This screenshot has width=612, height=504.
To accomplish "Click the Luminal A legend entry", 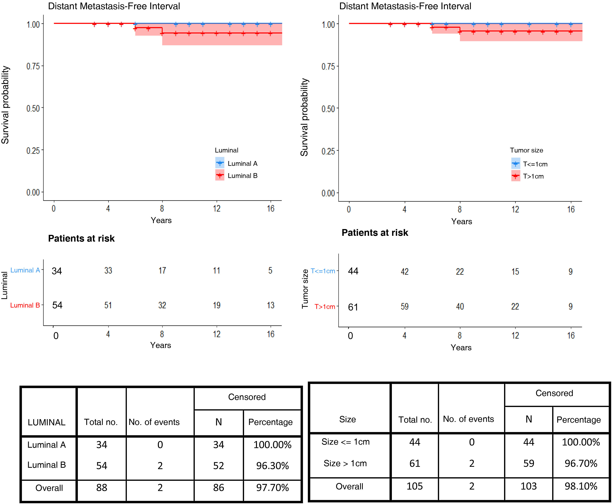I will [242, 164].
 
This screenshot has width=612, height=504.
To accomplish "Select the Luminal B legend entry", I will [242, 176].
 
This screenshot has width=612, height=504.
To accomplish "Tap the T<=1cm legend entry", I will [535, 164].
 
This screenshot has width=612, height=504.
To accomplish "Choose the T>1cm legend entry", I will [533, 176].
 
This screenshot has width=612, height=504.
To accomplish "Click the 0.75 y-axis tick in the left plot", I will [33, 66].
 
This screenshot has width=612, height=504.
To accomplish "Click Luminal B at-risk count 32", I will [162, 305].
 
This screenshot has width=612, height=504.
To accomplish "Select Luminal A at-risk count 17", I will [162, 271].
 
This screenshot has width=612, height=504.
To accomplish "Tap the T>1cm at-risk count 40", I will [460, 306].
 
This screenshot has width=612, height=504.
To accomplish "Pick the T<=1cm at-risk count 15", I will [515, 271].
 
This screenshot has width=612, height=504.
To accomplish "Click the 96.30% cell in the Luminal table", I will [272, 466].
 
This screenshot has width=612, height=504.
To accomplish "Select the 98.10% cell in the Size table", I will [581, 486].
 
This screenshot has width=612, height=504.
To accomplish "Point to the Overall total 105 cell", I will [414, 486].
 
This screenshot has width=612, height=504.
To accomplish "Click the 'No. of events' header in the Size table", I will [468, 419].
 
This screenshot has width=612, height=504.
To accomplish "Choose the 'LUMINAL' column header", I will [46, 422].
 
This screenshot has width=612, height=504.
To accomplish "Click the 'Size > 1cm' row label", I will [345, 463].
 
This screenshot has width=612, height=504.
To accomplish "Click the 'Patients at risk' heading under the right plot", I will [375, 233].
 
